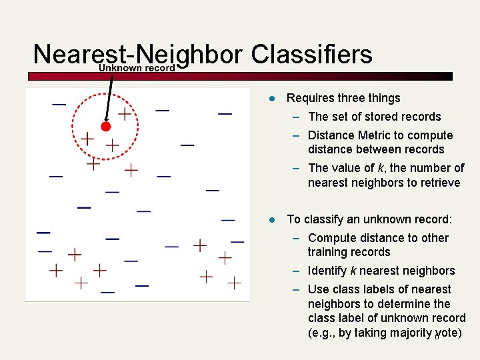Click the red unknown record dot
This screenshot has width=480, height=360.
click(105, 126)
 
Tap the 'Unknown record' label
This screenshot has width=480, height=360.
click(137, 68)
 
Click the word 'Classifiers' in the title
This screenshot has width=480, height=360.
click(312, 54)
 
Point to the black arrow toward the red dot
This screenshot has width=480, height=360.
click(109, 97)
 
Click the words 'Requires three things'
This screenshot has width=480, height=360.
click(343, 98)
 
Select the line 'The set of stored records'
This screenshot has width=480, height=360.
click(375, 117)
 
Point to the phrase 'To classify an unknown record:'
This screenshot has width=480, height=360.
click(369, 219)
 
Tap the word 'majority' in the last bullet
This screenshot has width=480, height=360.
click(409, 333)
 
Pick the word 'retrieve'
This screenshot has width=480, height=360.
click(438, 183)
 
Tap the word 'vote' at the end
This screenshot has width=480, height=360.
click(446, 333)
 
